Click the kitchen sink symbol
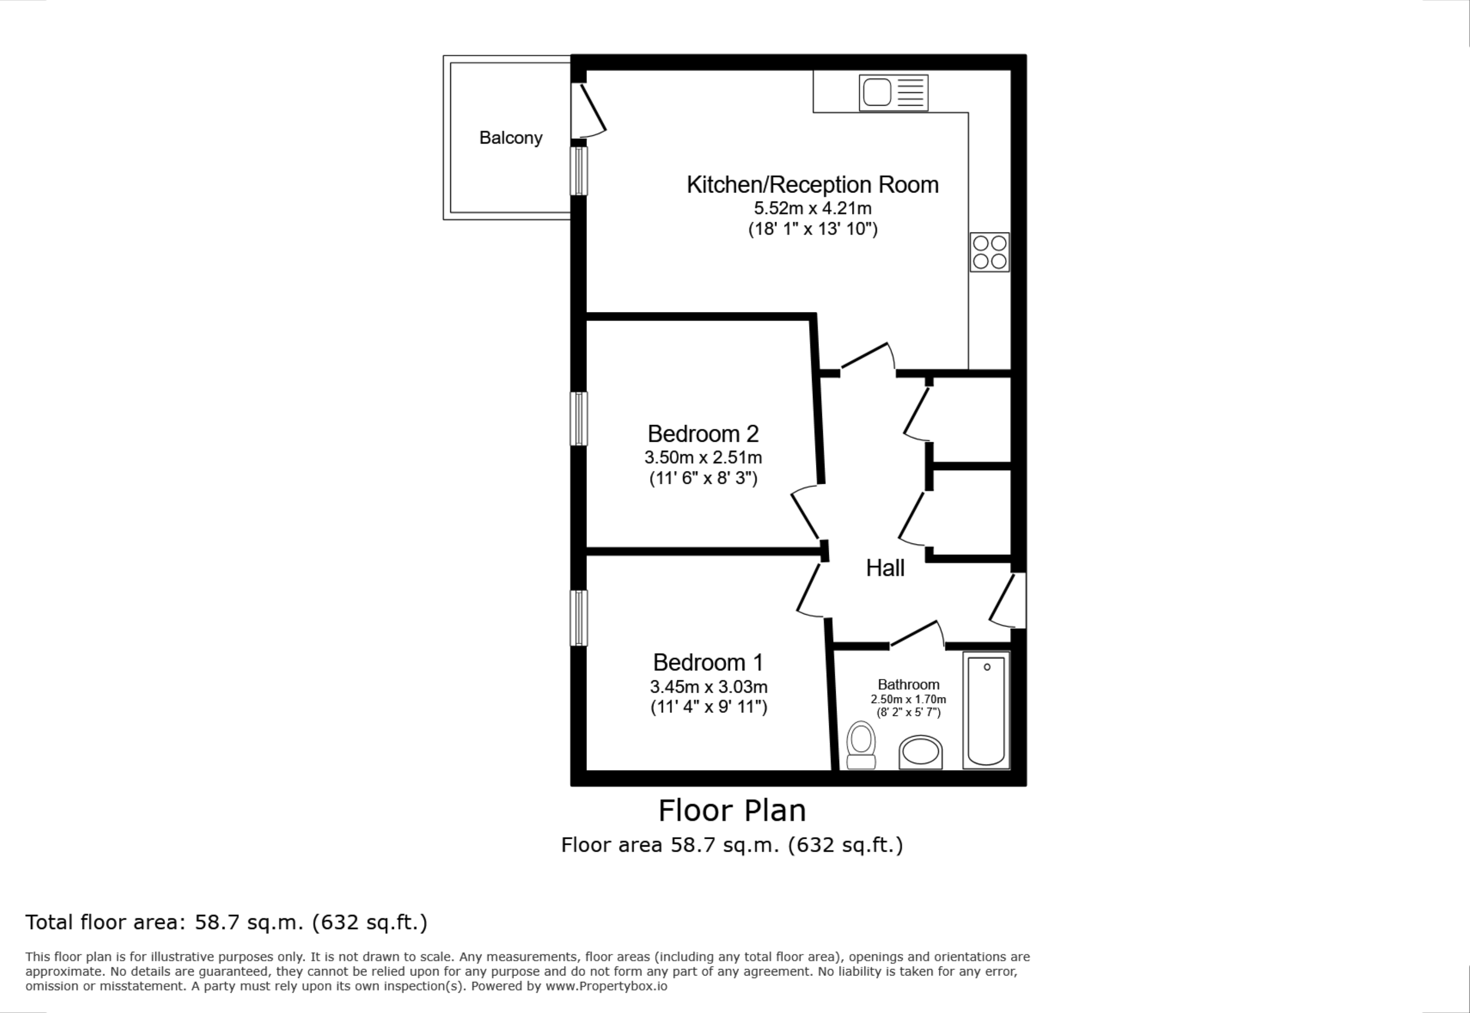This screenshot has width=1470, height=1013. pyautogui.click(x=893, y=93)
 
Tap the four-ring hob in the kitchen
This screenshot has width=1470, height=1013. pyautogui.click(x=990, y=252)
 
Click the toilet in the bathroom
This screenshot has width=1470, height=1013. pyautogui.click(x=861, y=744)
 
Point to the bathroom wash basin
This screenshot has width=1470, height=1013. pyautogui.click(x=920, y=752)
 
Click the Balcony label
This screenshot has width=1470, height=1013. pyautogui.click(x=511, y=138)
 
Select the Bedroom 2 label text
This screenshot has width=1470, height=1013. pyautogui.click(x=703, y=434)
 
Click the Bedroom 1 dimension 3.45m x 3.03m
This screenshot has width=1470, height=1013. pyautogui.click(x=709, y=687)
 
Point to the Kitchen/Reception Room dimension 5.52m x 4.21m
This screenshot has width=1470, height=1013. pyautogui.click(x=812, y=208)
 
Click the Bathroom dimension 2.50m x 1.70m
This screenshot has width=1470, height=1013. pyautogui.click(x=908, y=700)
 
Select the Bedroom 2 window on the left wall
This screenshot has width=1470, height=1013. pyautogui.click(x=578, y=419)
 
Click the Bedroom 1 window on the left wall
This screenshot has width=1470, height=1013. pyautogui.click(x=578, y=618)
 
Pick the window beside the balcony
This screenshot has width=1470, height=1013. pyautogui.click(x=578, y=171)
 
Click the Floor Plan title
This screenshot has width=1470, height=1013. pyautogui.click(x=732, y=811)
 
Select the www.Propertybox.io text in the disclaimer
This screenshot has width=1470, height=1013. pyautogui.click(x=607, y=986)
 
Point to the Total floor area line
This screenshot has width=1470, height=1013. pyautogui.click(x=227, y=922)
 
